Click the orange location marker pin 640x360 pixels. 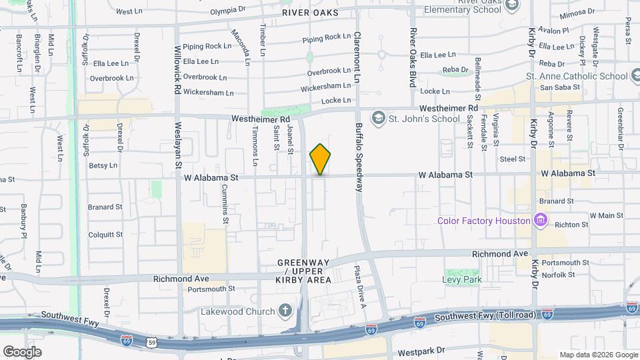(x=320, y=159)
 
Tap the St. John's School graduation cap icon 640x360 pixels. (x=379, y=119)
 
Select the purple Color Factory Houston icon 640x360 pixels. (x=541, y=221)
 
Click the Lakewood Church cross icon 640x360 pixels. (x=285, y=311)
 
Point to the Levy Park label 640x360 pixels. (x=462, y=279)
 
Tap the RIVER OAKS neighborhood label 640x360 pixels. (x=310, y=13)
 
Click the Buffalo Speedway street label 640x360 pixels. (x=359, y=157)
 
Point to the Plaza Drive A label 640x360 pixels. (x=363, y=287)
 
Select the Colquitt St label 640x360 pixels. (x=105, y=235)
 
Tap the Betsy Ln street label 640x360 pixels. (x=103, y=165)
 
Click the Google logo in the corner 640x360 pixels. (x=22, y=351)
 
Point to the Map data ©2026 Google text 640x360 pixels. (x=598, y=355)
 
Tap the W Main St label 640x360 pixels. (x=606, y=215)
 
